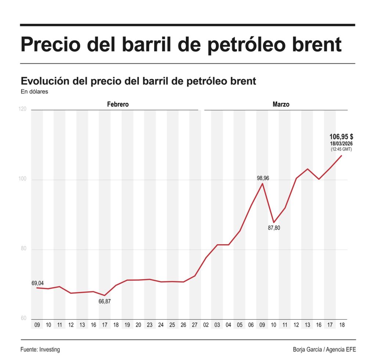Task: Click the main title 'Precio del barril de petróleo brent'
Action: [181, 45]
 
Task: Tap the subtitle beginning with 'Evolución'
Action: [138, 81]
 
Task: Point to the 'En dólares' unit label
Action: [34, 92]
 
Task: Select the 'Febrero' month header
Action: [118, 104]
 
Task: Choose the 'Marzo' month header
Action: [281, 104]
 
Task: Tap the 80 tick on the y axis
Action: [23, 249]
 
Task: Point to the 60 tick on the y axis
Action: [23, 318]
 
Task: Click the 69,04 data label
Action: [37, 283]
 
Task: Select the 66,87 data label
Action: [105, 302]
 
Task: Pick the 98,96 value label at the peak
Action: [263, 178]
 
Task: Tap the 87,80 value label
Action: [274, 228]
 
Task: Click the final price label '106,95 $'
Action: [341, 137]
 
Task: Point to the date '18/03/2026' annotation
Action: [341, 143]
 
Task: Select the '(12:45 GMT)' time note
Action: [341, 149]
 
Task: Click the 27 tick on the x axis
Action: [195, 325]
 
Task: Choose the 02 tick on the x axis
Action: [206, 325]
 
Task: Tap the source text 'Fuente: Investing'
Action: [40, 350]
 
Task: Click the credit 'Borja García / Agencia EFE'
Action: [324, 350]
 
